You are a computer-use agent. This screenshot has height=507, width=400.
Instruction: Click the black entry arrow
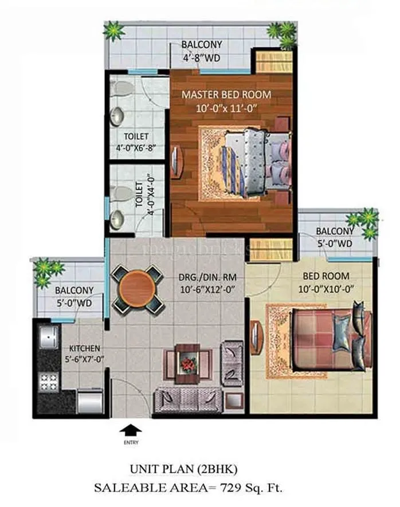click(131, 429)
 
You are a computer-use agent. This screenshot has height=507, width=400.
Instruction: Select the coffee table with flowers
click(188, 363)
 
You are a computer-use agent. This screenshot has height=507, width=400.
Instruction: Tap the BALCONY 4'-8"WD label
click(201, 51)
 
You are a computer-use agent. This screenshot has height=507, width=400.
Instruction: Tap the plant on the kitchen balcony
click(48, 270)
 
